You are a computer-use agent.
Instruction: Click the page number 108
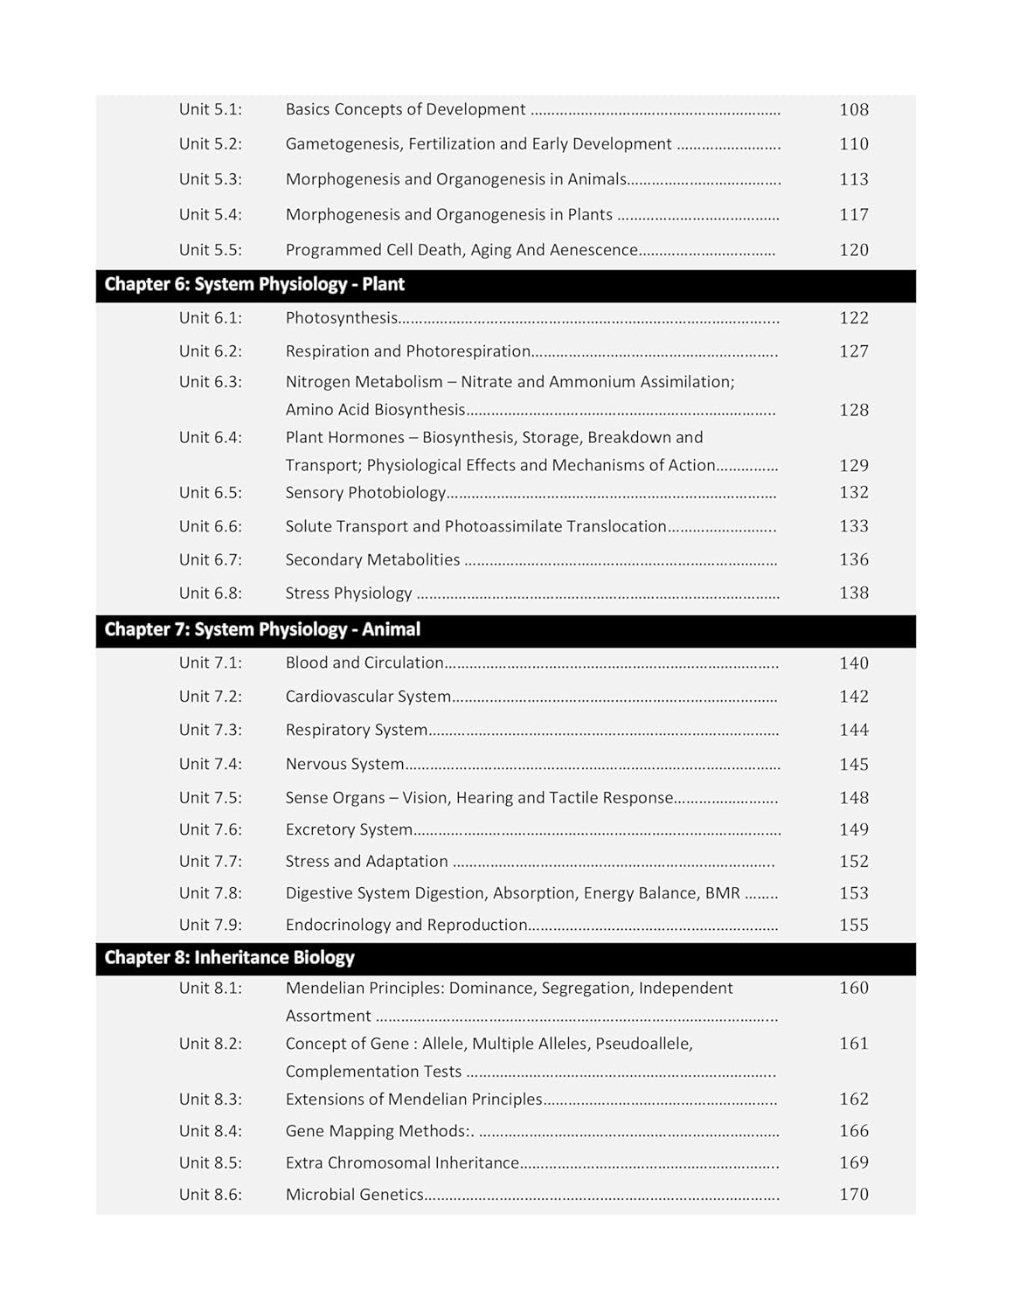click(853, 109)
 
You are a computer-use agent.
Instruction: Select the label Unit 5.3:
click(210, 179)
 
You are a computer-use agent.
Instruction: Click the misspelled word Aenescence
click(596, 250)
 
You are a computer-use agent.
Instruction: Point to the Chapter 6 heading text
click(254, 285)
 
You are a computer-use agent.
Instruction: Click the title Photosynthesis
click(341, 318)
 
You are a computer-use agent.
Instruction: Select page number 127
click(853, 351)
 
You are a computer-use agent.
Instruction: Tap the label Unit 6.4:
click(210, 437)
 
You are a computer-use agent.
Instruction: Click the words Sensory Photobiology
click(365, 493)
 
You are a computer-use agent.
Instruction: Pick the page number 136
click(853, 559)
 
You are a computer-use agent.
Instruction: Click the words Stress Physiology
click(348, 593)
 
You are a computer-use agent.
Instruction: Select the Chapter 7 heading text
click(262, 629)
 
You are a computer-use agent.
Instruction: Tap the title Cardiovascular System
click(368, 697)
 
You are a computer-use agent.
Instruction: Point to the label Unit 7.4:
click(210, 764)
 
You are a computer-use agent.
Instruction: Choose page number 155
click(853, 925)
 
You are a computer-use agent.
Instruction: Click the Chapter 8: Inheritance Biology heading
click(229, 958)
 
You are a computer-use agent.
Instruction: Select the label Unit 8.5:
click(210, 1162)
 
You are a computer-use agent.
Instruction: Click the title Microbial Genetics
click(354, 1195)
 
